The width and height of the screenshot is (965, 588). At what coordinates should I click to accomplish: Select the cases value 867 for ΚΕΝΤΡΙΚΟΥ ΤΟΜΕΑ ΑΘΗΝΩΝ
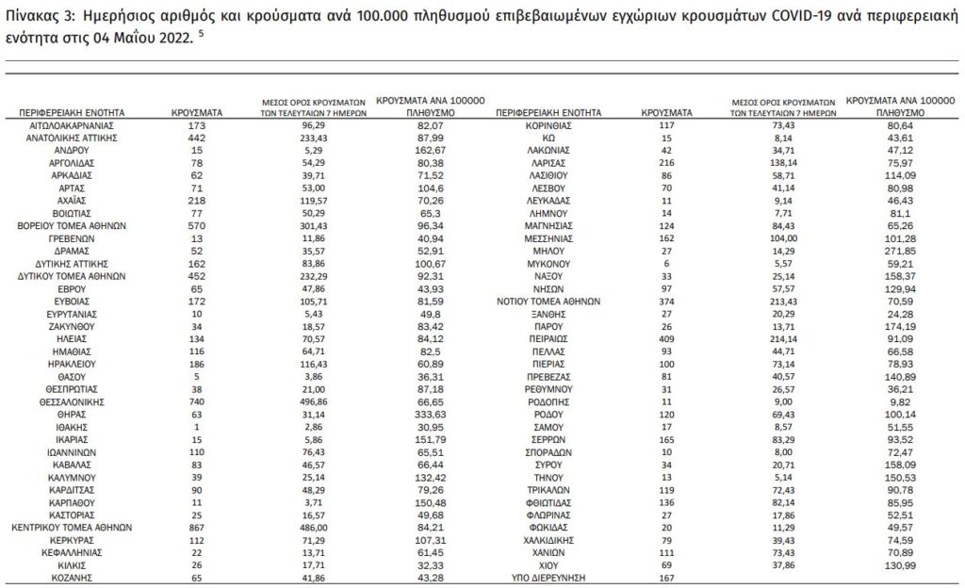click(196, 528)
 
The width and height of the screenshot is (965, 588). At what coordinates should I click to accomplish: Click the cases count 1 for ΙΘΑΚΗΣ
click(196, 426)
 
